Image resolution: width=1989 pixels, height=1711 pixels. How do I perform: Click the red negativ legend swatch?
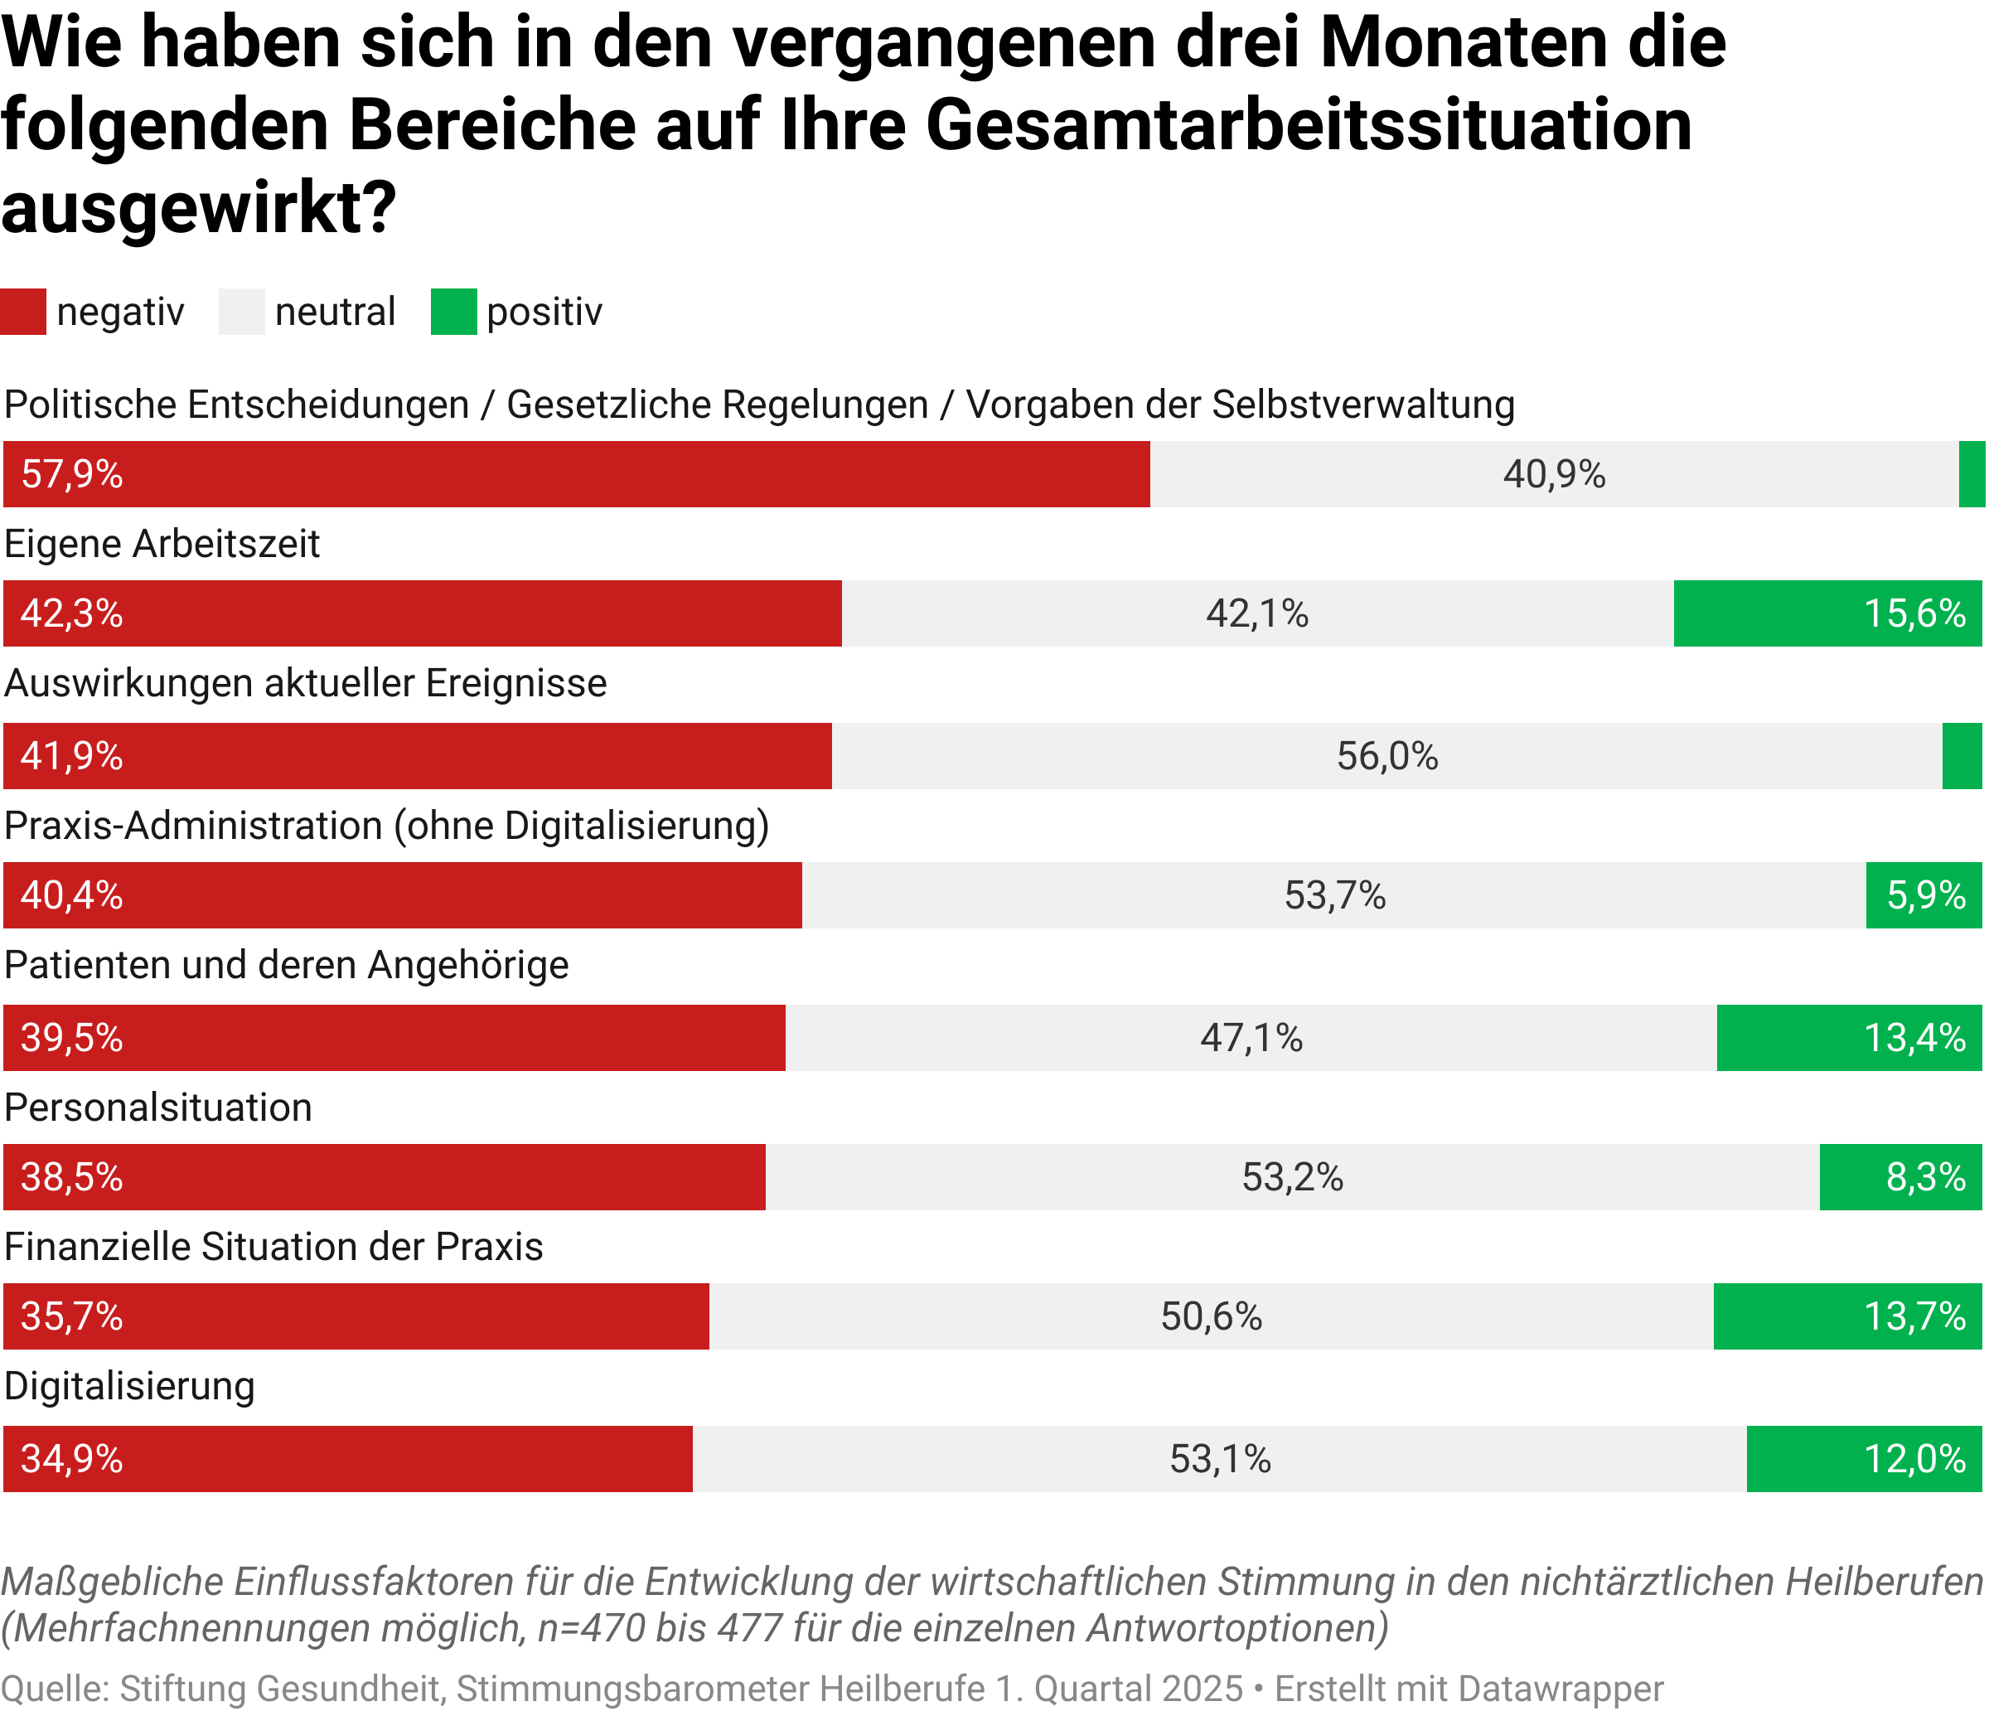[x=23, y=312]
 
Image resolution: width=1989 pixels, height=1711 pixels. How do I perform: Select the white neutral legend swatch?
[x=242, y=312]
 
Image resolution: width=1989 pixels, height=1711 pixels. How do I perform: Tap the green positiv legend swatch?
[x=453, y=312]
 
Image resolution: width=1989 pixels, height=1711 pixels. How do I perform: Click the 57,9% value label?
[x=72, y=474]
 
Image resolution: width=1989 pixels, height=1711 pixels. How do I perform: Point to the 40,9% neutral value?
[x=1554, y=474]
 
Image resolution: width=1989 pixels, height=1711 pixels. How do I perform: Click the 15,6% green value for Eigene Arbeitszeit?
[x=1914, y=613]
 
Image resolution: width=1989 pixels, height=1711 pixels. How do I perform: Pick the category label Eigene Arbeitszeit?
[x=162, y=545]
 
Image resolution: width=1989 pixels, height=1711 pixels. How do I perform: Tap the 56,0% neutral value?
[x=1387, y=757]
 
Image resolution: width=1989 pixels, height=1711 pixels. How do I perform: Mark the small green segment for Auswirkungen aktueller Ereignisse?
[x=1962, y=757]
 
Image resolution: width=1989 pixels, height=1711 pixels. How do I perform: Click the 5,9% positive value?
[x=1926, y=896]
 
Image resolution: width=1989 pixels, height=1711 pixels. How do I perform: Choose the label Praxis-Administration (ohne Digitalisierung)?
[x=387, y=826]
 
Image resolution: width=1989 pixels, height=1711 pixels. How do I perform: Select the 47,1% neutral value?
[x=1251, y=1038]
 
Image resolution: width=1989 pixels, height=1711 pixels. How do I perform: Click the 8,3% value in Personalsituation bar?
[x=1926, y=1177]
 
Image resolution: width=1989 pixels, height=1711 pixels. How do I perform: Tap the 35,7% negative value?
[x=72, y=1316]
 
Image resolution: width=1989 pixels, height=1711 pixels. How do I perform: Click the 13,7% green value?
[x=1914, y=1316]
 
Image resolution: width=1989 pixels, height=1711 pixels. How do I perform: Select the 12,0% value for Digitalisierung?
[x=1914, y=1460]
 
